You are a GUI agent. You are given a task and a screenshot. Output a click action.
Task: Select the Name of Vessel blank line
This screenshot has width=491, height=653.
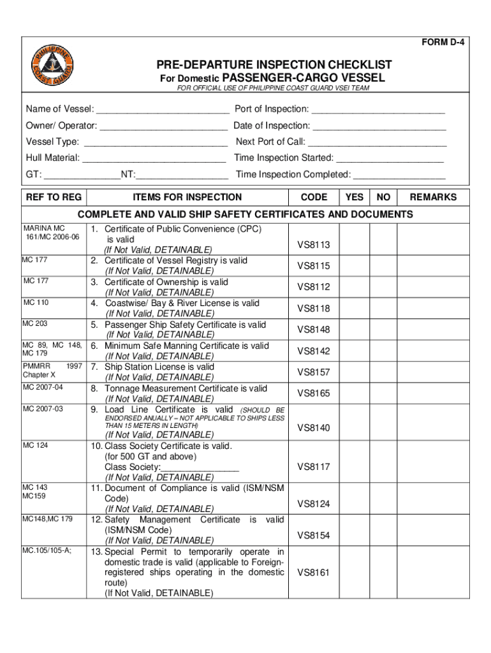[x=162, y=110]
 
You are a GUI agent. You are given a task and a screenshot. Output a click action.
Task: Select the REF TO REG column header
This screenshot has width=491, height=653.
[x=54, y=197]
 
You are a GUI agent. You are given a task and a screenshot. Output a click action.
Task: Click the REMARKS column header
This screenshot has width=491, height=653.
[x=433, y=197]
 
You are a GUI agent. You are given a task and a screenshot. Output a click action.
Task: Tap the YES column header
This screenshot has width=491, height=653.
[x=355, y=197]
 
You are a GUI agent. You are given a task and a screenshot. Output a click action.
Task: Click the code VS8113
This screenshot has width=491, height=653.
[x=314, y=245]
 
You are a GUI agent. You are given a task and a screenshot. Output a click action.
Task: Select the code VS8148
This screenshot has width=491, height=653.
[x=314, y=330]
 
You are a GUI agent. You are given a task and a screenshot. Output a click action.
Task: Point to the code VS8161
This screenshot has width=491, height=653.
[x=314, y=573]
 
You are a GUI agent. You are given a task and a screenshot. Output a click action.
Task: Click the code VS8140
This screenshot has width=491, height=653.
[x=314, y=428]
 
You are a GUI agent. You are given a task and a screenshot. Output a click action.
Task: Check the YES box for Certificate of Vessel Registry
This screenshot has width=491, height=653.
[x=355, y=266]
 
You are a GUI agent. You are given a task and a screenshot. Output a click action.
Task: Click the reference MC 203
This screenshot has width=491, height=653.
[x=35, y=324]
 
